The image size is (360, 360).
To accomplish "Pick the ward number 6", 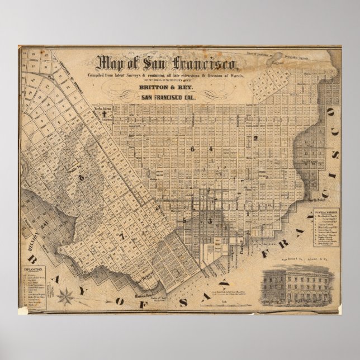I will (x=192, y=149).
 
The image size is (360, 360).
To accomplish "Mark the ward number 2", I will (x=255, y=137).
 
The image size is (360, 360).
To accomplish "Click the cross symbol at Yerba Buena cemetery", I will (x=104, y=114).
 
